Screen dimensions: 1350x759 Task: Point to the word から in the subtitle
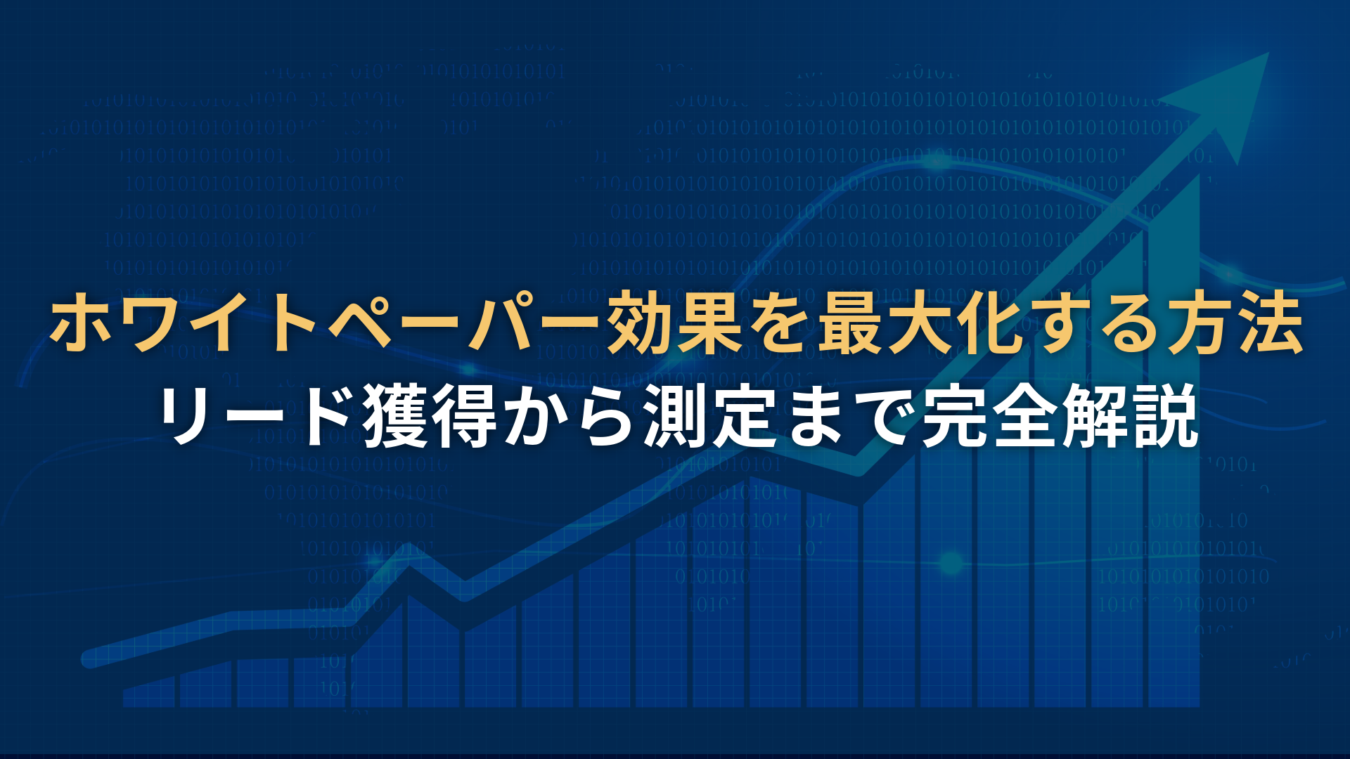570,417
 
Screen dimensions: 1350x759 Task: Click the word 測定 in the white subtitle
710,416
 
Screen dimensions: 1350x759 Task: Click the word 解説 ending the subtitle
1129,416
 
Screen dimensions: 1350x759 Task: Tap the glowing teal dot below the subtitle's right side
951,562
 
